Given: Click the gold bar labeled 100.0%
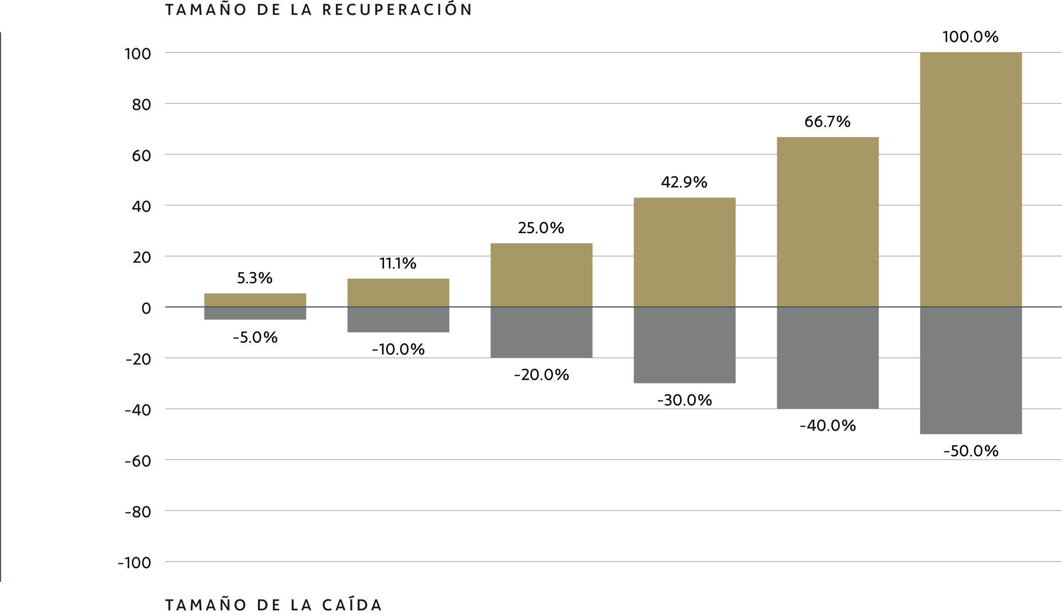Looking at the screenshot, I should [971, 179].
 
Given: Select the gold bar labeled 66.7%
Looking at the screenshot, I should [828, 222].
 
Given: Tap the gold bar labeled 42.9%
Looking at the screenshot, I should [684, 252].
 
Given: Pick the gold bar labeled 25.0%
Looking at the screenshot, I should [541, 275].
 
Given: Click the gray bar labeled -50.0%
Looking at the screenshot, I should [971, 371].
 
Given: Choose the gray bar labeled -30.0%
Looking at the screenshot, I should [684, 345].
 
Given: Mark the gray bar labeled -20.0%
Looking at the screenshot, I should [541, 332].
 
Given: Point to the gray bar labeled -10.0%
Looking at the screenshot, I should [398, 320].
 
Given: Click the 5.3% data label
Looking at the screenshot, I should [255, 278].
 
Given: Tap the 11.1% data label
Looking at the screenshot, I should [398, 264].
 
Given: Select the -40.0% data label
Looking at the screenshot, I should [828, 426].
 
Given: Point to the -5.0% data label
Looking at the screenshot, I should [256, 338].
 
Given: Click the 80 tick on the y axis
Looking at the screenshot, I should [141, 105].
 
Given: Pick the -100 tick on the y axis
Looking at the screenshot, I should [134, 563].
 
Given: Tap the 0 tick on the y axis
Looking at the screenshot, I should [146, 309].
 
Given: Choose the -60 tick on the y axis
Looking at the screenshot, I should [138, 461].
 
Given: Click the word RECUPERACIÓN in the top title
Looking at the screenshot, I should [397, 10].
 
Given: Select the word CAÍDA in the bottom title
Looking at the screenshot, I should [352, 605].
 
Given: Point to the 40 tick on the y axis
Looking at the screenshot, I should [141, 207].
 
